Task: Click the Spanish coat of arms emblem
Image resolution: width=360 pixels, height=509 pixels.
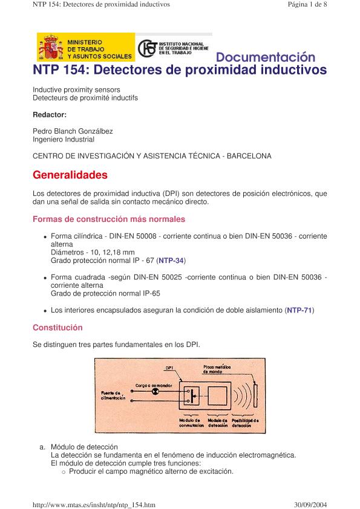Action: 51,47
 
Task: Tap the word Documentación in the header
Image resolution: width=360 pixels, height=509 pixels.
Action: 266,57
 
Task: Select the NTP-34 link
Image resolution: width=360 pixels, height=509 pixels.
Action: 171,261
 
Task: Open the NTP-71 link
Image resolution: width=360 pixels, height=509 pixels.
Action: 299,310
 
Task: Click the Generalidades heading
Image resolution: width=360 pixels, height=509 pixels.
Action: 70,175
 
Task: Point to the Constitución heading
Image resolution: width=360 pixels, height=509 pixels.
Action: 57,328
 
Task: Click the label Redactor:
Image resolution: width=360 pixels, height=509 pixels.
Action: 50,115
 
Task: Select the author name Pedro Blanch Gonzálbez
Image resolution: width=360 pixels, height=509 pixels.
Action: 73,131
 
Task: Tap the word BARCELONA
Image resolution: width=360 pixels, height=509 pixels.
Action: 249,156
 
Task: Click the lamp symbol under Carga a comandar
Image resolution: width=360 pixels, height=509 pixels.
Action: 155,392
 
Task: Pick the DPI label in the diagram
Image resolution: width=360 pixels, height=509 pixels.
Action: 169,368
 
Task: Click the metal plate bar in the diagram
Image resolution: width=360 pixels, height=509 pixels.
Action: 255,395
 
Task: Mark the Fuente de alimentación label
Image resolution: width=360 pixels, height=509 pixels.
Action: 113,395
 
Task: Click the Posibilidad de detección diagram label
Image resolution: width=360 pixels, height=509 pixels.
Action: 245,423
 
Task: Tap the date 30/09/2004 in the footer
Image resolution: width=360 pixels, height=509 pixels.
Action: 310,504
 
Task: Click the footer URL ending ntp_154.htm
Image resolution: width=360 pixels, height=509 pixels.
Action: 94,505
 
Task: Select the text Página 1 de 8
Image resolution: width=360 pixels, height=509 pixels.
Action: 307,4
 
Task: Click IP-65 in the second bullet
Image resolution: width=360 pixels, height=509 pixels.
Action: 151,293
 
